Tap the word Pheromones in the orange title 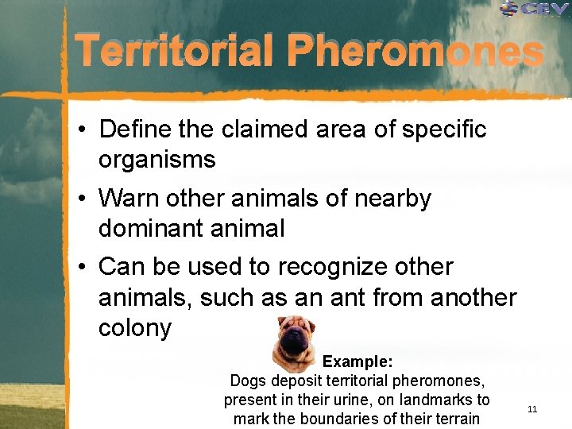pos(415,52)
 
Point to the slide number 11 pos(532,409)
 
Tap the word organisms pos(157,159)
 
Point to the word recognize pos(352,267)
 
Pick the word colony pos(134,327)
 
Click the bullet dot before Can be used pos(83,268)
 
